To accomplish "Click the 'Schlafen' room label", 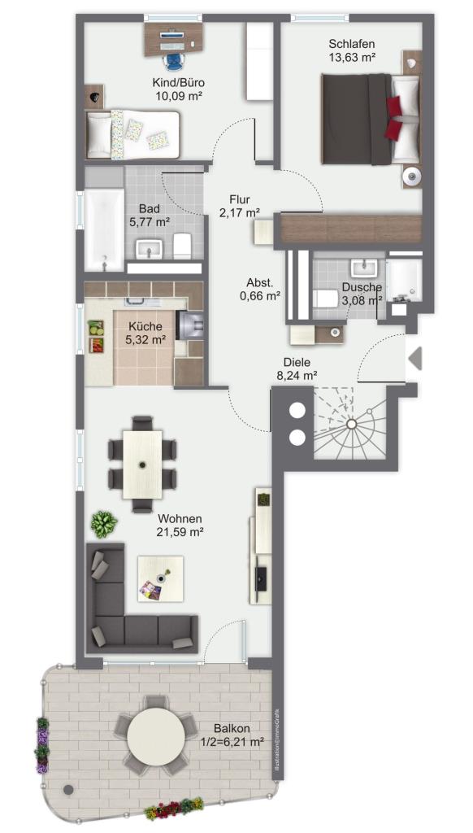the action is [352, 44].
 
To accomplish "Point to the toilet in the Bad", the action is [182, 245].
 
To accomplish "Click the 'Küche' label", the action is [144, 327].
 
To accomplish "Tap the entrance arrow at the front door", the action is [415, 358].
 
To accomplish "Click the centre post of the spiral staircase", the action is [351, 424].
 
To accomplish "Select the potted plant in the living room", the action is [104, 524].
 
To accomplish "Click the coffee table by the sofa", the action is [160, 578].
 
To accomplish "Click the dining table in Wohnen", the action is [142, 464].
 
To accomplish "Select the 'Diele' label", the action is [297, 363].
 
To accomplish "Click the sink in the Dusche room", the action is [363, 267].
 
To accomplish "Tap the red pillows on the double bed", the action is [394, 119].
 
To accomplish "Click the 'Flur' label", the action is [240, 200].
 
